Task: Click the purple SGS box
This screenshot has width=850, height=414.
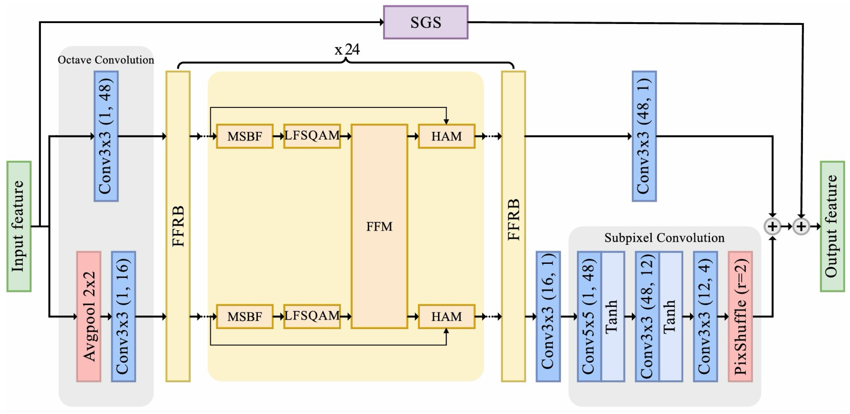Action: click(x=425, y=23)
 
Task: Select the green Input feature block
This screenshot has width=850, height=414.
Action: click(x=19, y=227)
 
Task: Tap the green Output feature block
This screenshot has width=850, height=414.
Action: click(x=832, y=227)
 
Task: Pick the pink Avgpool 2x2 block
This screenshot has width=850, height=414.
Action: click(x=89, y=317)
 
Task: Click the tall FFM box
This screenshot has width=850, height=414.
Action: click(x=379, y=227)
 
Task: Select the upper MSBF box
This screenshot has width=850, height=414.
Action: click(x=244, y=136)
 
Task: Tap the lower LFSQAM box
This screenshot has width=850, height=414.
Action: click(x=312, y=317)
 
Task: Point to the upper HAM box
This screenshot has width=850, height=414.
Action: click(x=446, y=136)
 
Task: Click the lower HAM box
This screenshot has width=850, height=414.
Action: click(x=446, y=317)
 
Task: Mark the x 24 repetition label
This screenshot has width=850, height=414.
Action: click(x=347, y=50)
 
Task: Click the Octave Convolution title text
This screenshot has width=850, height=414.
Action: click(x=106, y=60)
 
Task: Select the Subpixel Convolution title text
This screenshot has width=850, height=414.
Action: click(x=664, y=238)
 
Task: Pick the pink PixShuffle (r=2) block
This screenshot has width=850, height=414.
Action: click(x=740, y=317)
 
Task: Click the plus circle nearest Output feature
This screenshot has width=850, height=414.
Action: click(x=801, y=227)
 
